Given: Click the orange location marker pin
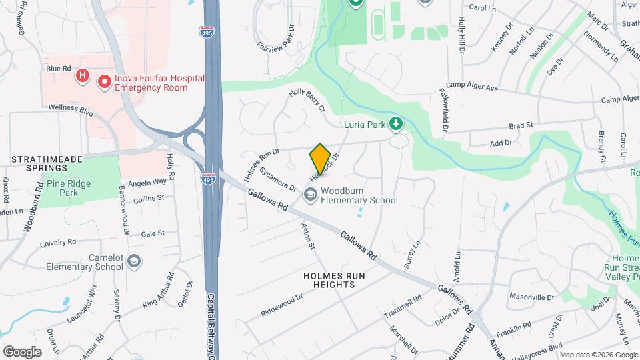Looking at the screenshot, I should point(320,159).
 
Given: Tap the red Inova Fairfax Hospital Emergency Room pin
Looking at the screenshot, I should point(105,83).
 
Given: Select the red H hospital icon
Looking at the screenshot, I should point(82,76).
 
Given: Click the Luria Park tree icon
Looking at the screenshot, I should point(396,123).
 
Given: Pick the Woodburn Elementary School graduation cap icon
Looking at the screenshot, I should point(310,195).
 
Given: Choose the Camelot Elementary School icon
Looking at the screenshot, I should point(134,261).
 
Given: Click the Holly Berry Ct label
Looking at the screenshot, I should point(307,101).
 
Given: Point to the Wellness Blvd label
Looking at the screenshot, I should point(71,107).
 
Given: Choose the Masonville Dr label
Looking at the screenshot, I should point(532,297).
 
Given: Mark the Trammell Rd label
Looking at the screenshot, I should point(403,307).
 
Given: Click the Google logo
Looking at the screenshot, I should point(22,351).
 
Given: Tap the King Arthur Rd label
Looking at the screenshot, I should point(159,291).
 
